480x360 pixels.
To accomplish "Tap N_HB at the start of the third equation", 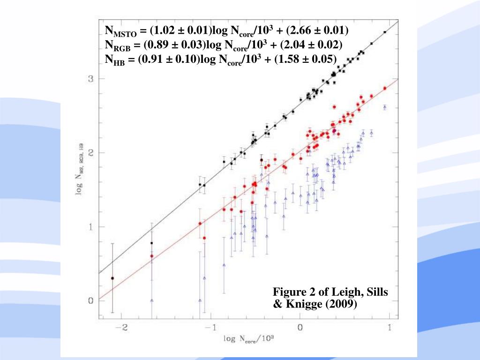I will coord(115,60).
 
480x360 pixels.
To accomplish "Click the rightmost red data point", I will coord(385,88).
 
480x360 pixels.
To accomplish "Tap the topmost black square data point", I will coord(385,32).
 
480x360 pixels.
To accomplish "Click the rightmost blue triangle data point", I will coord(385,107).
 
